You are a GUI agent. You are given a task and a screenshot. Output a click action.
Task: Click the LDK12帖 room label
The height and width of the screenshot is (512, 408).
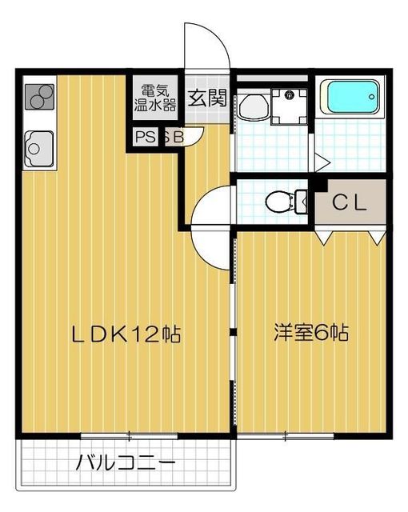click(x=126, y=334)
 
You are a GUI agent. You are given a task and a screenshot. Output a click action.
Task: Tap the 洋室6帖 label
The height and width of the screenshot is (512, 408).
click(x=311, y=333)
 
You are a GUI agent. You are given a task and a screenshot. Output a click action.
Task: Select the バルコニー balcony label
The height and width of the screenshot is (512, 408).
click(x=126, y=462)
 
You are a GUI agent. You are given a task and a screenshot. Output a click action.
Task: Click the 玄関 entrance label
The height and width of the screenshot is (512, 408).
click(x=207, y=98)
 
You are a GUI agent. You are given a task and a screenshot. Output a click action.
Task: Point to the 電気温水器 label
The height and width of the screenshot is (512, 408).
click(x=155, y=98)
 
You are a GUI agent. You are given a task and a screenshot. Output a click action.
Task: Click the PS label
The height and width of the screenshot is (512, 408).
click(x=146, y=137)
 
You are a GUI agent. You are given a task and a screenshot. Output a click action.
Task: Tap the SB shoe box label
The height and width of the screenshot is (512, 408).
click(x=174, y=137)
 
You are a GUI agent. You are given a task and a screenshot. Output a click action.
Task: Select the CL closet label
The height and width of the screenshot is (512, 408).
click(x=350, y=203)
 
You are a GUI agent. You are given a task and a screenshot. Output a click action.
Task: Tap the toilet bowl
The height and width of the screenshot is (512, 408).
click(x=278, y=202)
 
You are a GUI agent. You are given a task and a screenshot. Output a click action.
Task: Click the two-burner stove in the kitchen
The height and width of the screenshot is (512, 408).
click(x=39, y=96)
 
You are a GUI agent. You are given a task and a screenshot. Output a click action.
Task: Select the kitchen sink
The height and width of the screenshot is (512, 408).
click(x=39, y=149)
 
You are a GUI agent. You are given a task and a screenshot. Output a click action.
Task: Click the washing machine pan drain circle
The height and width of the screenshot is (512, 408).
click(x=289, y=96)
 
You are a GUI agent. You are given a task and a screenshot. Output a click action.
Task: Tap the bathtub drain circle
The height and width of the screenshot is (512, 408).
click(x=371, y=97)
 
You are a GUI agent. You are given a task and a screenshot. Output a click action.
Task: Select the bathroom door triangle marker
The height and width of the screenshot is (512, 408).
click(x=322, y=162)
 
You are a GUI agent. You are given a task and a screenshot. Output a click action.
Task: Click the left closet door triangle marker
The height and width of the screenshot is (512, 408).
click(x=325, y=238)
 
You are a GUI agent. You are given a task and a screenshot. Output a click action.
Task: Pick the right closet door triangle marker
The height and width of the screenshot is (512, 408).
click(x=378, y=238)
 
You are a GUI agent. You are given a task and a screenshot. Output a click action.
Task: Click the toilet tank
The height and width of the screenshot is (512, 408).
click(x=302, y=202)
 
